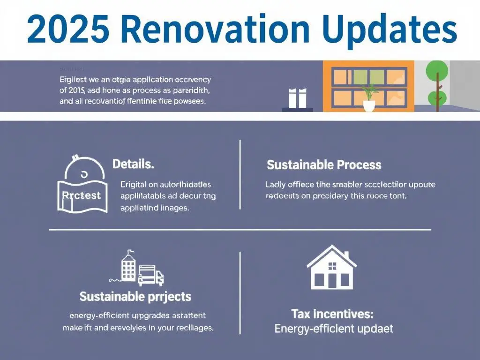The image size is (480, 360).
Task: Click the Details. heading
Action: [x=133, y=165]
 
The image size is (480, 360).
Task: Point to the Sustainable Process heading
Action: [x=324, y=165]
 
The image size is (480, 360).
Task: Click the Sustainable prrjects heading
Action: [x=135, y=296]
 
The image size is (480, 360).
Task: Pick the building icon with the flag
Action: [x=128, y=267]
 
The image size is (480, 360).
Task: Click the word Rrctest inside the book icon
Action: [x=81, y=195]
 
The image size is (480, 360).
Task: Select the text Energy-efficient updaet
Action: [x=333, y=329]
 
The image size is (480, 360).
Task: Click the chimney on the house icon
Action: [x=345, y=256]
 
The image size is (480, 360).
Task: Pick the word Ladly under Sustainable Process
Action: [x=275, y=184]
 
